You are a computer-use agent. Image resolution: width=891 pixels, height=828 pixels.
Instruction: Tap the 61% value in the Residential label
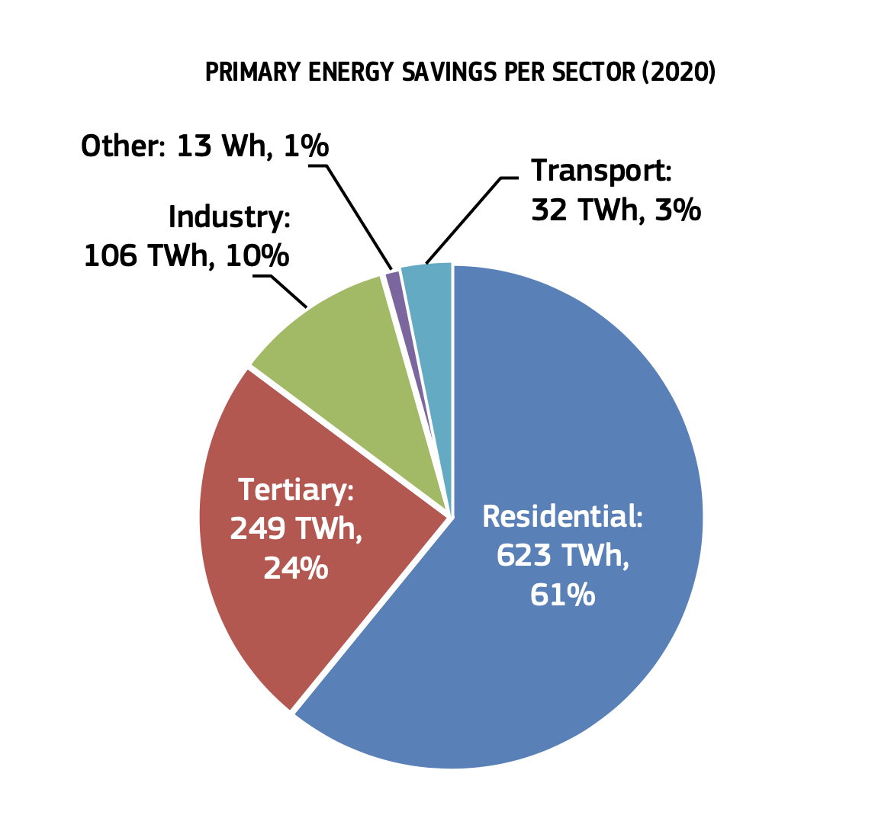(x=563, y=595)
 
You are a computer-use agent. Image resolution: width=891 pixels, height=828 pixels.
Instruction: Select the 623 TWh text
(x=563, y=556)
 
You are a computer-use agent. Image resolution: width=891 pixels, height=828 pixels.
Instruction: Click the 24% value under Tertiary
(x=296, y=567)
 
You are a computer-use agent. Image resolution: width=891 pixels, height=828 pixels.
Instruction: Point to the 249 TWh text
(x=296, y=528)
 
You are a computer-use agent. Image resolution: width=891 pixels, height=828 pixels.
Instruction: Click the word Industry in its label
(x=229, y=217)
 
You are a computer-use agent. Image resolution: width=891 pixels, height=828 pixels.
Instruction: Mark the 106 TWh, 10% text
(x=186, y=256)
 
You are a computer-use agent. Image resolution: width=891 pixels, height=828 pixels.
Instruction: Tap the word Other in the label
(x=122, y=146)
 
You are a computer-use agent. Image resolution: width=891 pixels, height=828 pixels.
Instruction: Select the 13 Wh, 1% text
(x=253, y=146)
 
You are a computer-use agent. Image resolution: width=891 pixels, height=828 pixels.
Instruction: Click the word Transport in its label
(x=601, y=170)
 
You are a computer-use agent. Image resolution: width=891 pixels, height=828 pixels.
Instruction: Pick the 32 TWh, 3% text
(x=616, y=210)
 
